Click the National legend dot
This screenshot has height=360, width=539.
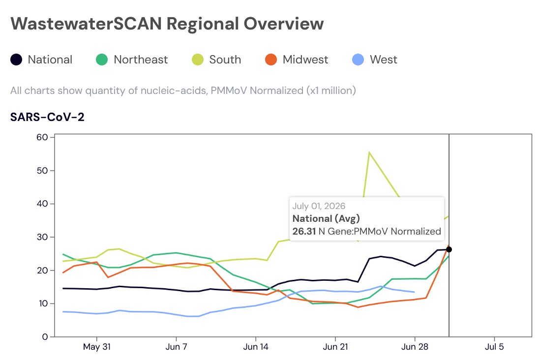(x=16, y=60)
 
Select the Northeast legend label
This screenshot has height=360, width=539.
(x=141, y=60)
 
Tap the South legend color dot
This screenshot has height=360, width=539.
(x=198, y=60)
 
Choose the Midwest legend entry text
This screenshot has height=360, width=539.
(x=305, y=60)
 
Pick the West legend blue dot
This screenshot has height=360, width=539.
(x=358, y=60)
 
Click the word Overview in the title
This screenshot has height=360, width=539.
(x=284, y=24)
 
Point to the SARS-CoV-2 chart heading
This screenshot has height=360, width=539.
(x=47, y=117)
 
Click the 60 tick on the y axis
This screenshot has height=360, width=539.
(x=42, y=137)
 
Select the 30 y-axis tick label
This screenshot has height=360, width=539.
(x=42, y=237)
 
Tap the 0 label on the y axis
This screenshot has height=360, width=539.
(x=45, y=337)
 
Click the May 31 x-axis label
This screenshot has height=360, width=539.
(x=97, y=347)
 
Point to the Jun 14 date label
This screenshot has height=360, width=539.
(x=256, y=347)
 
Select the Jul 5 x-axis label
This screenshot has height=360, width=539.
(x=494, y=347)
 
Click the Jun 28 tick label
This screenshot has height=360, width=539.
(x=415, y=347)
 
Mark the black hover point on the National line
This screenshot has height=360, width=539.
(x=449, y=249)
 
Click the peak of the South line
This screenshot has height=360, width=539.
(x=369, y=152)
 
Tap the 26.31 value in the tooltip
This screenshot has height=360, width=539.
(x=304, y=231)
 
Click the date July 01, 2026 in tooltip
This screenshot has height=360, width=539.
(x=319, y=206)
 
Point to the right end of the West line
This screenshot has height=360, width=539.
(x=414, y=292)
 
